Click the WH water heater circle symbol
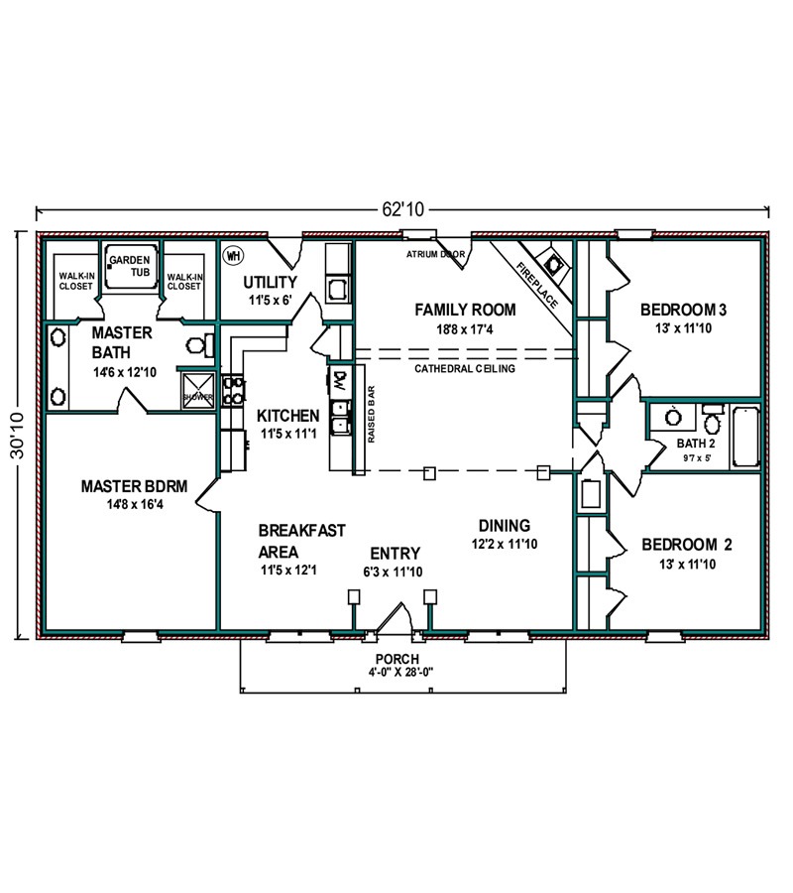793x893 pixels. click(232, 256)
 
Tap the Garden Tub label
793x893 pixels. click(130, 266)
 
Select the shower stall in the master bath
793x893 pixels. click(198, 390)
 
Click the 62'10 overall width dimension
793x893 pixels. click(403, 209)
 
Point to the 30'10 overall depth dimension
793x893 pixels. click(18, 436)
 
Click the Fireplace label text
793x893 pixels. click(537, 285)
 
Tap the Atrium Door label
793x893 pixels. click(435, 255)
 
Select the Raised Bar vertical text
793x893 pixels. click(372, 415)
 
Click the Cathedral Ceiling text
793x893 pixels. click(465, 368)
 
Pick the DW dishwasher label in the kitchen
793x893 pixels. click(340, 379)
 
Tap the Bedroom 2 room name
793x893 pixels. click(687, 545)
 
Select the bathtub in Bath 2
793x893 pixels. click(745, 438)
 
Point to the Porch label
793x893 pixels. click(397, 659)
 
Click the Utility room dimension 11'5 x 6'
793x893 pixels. click(271, 300)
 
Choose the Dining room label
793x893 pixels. click(504, 526)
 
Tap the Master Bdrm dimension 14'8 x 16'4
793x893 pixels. click(135, 504)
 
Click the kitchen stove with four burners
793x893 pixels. click(233, 390)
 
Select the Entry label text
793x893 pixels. click(395, 554)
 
